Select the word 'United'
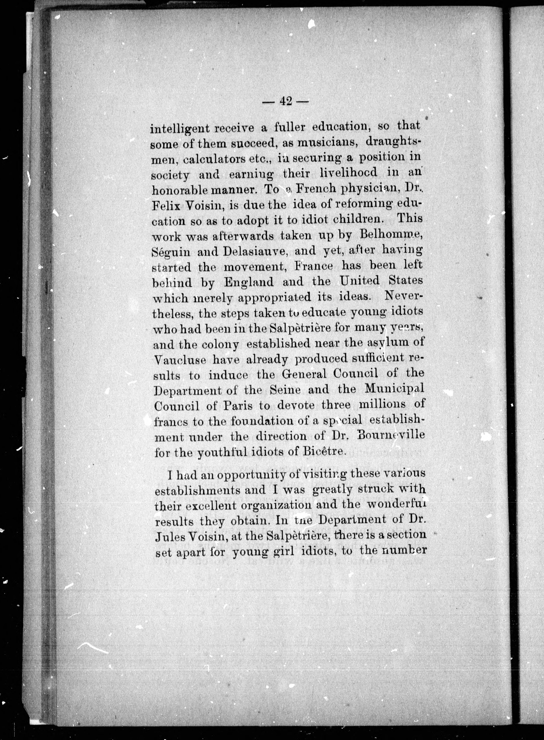[360, 281]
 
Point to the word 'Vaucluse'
[180, 359]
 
